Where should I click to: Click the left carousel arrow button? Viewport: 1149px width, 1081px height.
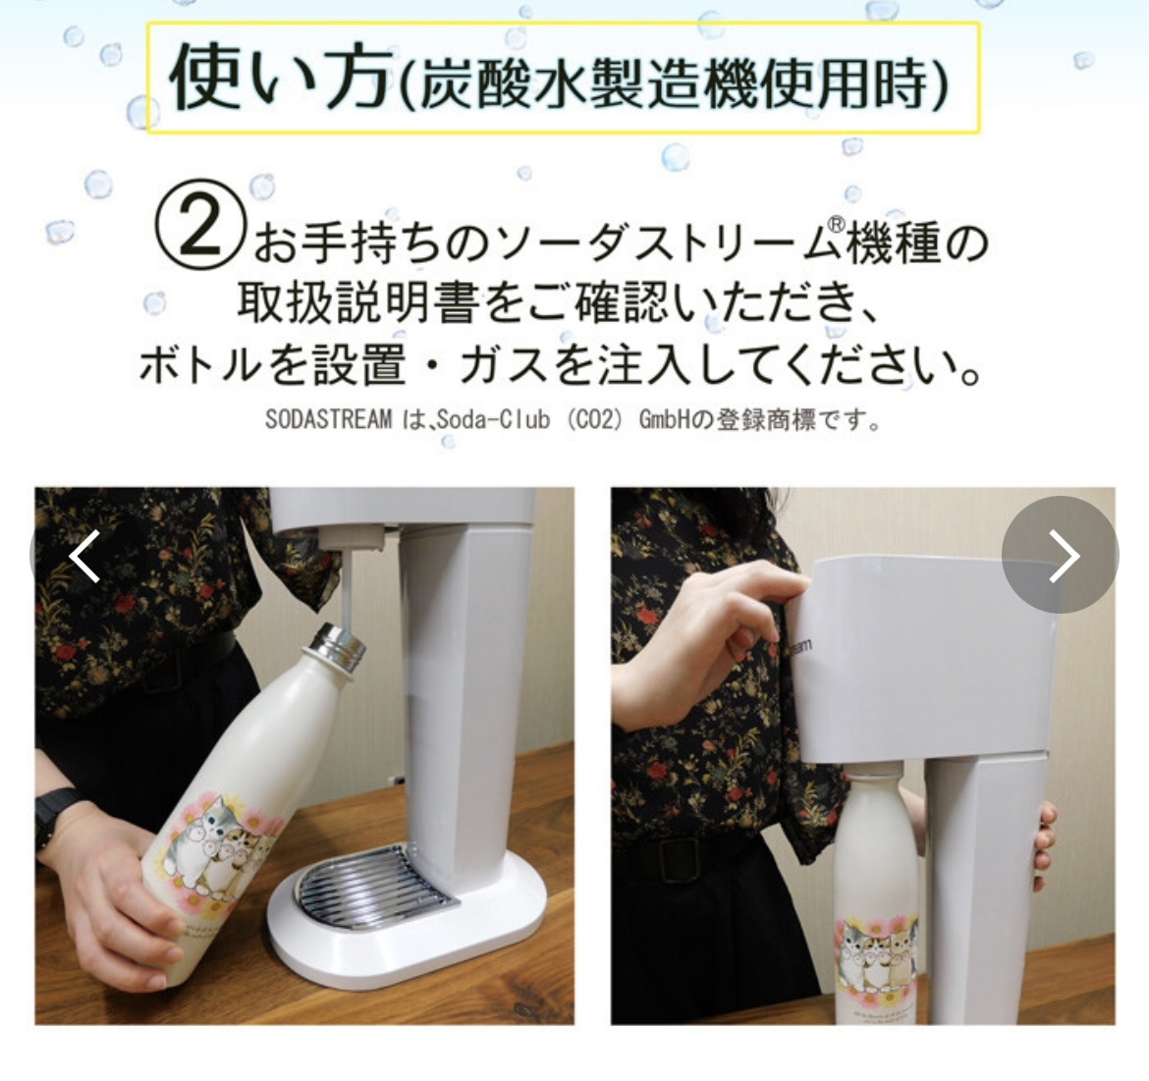pyautogui.click(x=82, y=555)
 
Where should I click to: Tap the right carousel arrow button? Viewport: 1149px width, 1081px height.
pyautogui.click(x=1060, y=555)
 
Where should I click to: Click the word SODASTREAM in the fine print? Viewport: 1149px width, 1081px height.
pyautogui.click(x=328, y=419)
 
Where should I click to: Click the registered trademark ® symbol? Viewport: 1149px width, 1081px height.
pyautogui.click(x=835, y=225)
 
